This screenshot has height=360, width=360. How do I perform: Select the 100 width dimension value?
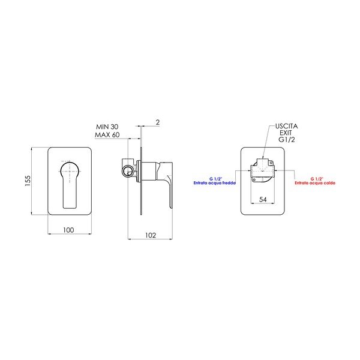[x=68, y=230]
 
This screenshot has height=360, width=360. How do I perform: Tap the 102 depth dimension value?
[x=151, y=236]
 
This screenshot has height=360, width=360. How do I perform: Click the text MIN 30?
[x=107, y=127]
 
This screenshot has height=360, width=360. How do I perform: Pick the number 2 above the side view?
[x=157, y=122]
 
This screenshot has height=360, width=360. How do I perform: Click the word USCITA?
[x=286, y=127]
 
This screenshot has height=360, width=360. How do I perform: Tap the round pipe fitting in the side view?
[x=127, y=171]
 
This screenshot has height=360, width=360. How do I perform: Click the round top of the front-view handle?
[x=68, y=169]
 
